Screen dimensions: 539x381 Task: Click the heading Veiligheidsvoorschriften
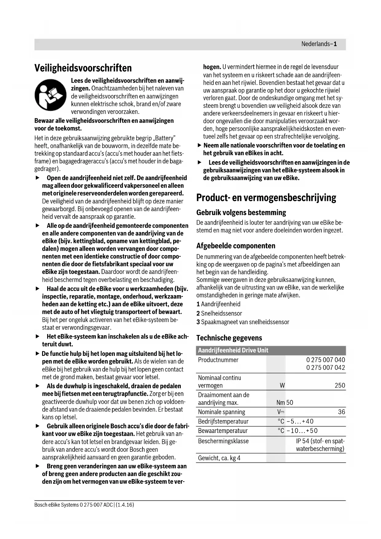[83, 68]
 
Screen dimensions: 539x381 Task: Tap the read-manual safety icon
[50, 95]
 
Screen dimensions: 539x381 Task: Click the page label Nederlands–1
[319, 44]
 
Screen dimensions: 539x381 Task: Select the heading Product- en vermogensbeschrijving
[266, 198]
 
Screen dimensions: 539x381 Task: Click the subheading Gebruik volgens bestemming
[241, 213]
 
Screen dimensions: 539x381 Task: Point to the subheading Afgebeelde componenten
[236, 246]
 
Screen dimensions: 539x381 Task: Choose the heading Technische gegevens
[229, 338]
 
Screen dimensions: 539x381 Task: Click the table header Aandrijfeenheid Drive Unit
[233, 350]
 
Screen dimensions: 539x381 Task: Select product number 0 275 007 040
[325, 360]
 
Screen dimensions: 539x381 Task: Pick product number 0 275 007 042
[325, 368]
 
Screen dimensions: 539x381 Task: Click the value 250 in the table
[340, 385]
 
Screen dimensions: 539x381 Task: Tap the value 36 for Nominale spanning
[341, 412]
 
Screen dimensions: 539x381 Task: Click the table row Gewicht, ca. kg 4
[219, 458]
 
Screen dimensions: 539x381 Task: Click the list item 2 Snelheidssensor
[219, 313]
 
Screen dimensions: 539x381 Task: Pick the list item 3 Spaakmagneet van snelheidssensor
[243, 322]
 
